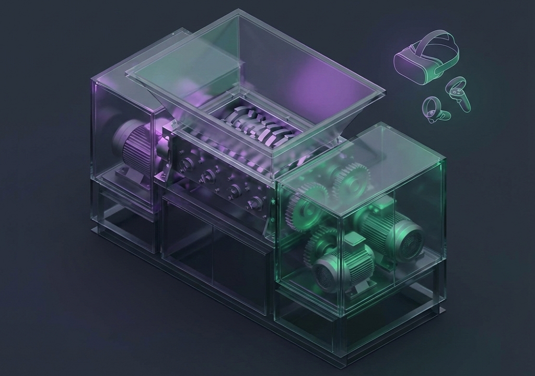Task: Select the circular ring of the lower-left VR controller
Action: pos(430,108)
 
